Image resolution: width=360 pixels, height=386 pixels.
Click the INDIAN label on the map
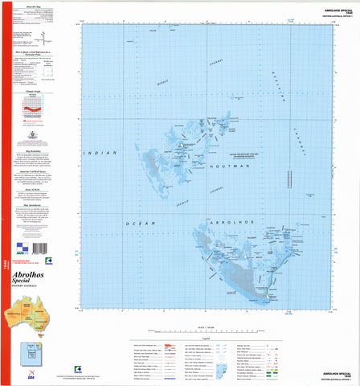tap(102, 153)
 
